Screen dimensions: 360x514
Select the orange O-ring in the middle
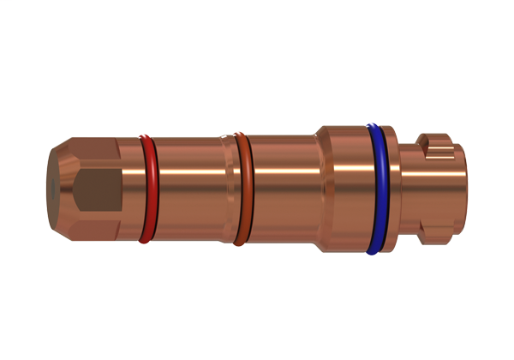(x=242, y=189)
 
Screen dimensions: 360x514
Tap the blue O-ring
(x=374, y=189)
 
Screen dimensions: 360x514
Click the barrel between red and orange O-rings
(x=193, y=189)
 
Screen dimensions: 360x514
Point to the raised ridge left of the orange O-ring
(x=227, y=189)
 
